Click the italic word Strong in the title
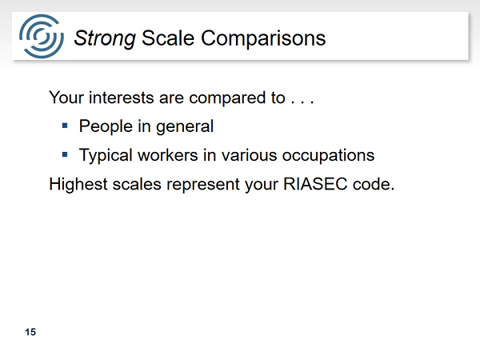(105, 39)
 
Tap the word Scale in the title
(168, 38)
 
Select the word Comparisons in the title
(263, 38)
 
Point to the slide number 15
(30, 332)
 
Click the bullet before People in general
(65, 126)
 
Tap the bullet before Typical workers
(65, 154)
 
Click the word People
(106, 126)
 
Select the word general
(185, 126)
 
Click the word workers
(167, 155)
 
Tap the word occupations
(328, 155)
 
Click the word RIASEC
(315, 184)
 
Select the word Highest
(78, 184)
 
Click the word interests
(122, 98)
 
